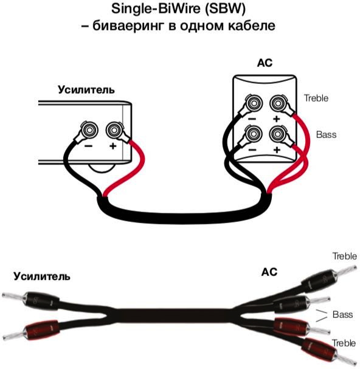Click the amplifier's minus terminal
[x=89, y=129]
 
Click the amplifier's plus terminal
[x=114, y=129]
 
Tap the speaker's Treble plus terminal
[x=278, y=103]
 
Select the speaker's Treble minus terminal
[x=254, y=103]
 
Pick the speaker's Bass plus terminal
[x=278, y=134]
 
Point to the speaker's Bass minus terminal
[x=254, y=134]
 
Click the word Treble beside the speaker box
[x=316, y=98]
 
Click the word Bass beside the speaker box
[x=326, y=134]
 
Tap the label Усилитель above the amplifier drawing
[x=86, y=89]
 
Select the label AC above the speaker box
[x=265, y=63]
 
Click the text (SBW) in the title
[x=226, y=9]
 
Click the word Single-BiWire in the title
[x=156, y=9]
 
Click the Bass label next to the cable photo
[x=342, y=314]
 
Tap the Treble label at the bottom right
[x=344, y=343]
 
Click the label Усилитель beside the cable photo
[x=42, y=276]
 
